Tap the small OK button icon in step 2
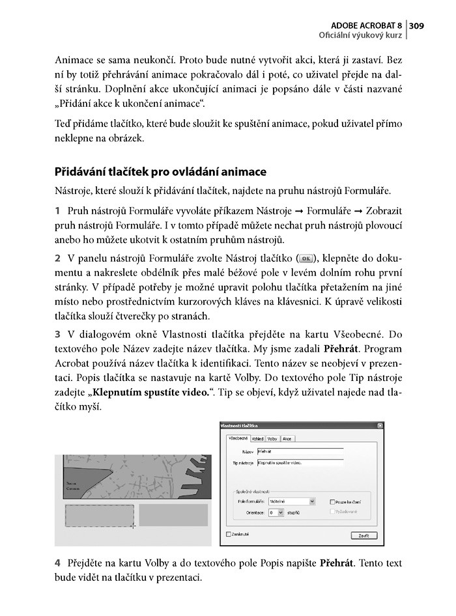(x=304, y=257)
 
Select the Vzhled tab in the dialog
(x=257, y=439)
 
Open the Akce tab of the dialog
(x=287, y=439)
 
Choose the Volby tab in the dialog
(x=272, y=439)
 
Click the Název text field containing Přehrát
(x=300, y=450)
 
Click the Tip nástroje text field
(x=300, y=464)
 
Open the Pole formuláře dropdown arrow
(x=313, y=501)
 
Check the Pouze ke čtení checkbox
(x=332, y=502)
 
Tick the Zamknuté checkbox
(x=227, y=534)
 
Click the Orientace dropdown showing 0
(x=276, y=512)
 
